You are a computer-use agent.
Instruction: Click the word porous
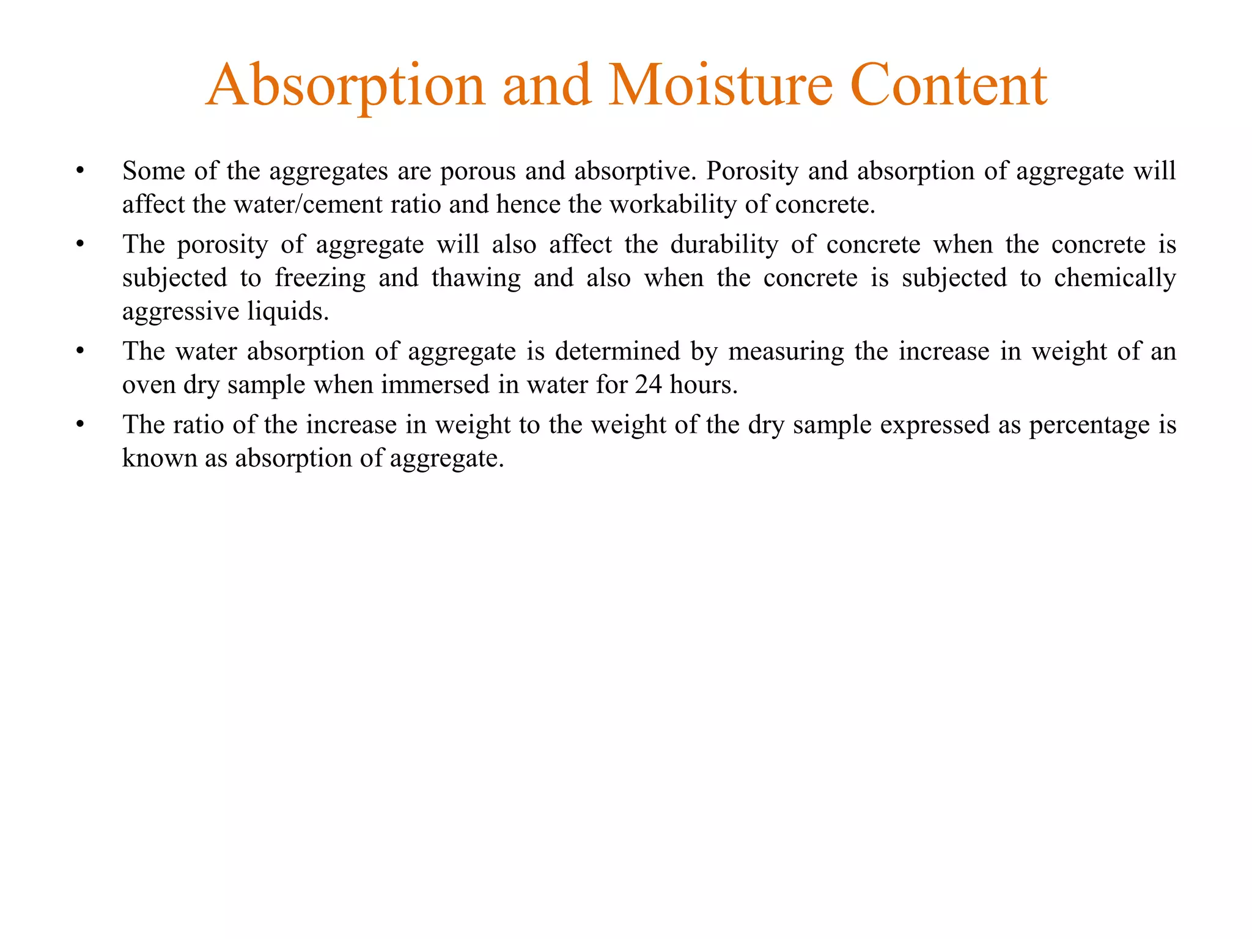(x=478, y=171)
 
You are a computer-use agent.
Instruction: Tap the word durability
(x=724, y=245)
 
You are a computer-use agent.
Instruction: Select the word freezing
(x=320, y=278)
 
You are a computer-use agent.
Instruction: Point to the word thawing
(x=476, y=278)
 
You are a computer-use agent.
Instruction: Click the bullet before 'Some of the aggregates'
(x=79, y=172)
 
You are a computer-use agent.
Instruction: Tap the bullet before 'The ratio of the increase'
(x=79, y=425)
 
